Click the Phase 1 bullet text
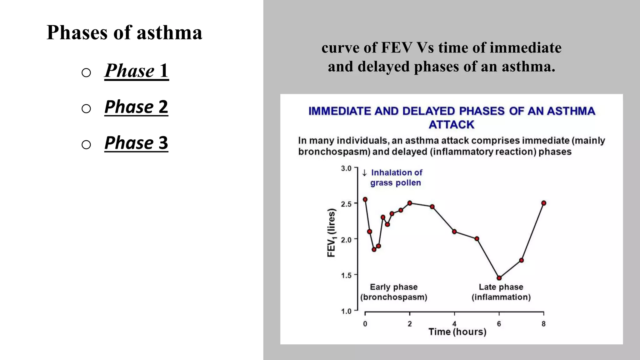pyautogui.click(x=136, y=71)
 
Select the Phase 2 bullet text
pyautogui.click(x=136, y=107)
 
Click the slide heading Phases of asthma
pyautogui.click(x=124, y=32)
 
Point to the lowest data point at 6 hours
pyautogui.click(x=499, y=278)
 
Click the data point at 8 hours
pyautogui.click(x=544, y=203)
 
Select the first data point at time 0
pyautogui.click(x=365, y=199)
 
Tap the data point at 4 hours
pyautogui.click(x=454, y=232)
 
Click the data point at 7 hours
pyautogui.click(x=521, y=260)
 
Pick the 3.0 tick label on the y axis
pyautogui.click(x=346, y=168)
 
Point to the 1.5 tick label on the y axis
pyautogui.click(x=346, y=275)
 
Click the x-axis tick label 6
pyautogui.click(x=499, y=324)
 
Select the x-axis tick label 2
pyautogui.click(x=410, y=324)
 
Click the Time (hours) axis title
pyautogui.click(x=457, y=332)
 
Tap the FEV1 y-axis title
pyautogui.click(x=331, y=233)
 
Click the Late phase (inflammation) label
pyautogui.click(x=501, y=292)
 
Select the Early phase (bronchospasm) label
pyautogui.click(x=394, y=292)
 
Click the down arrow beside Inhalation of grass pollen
pyautogui.click(x=364, y=173)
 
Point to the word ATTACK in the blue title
pyautogui.click(x=451, y=125)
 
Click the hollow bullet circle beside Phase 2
pyautogui.click(x=86, y=109)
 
